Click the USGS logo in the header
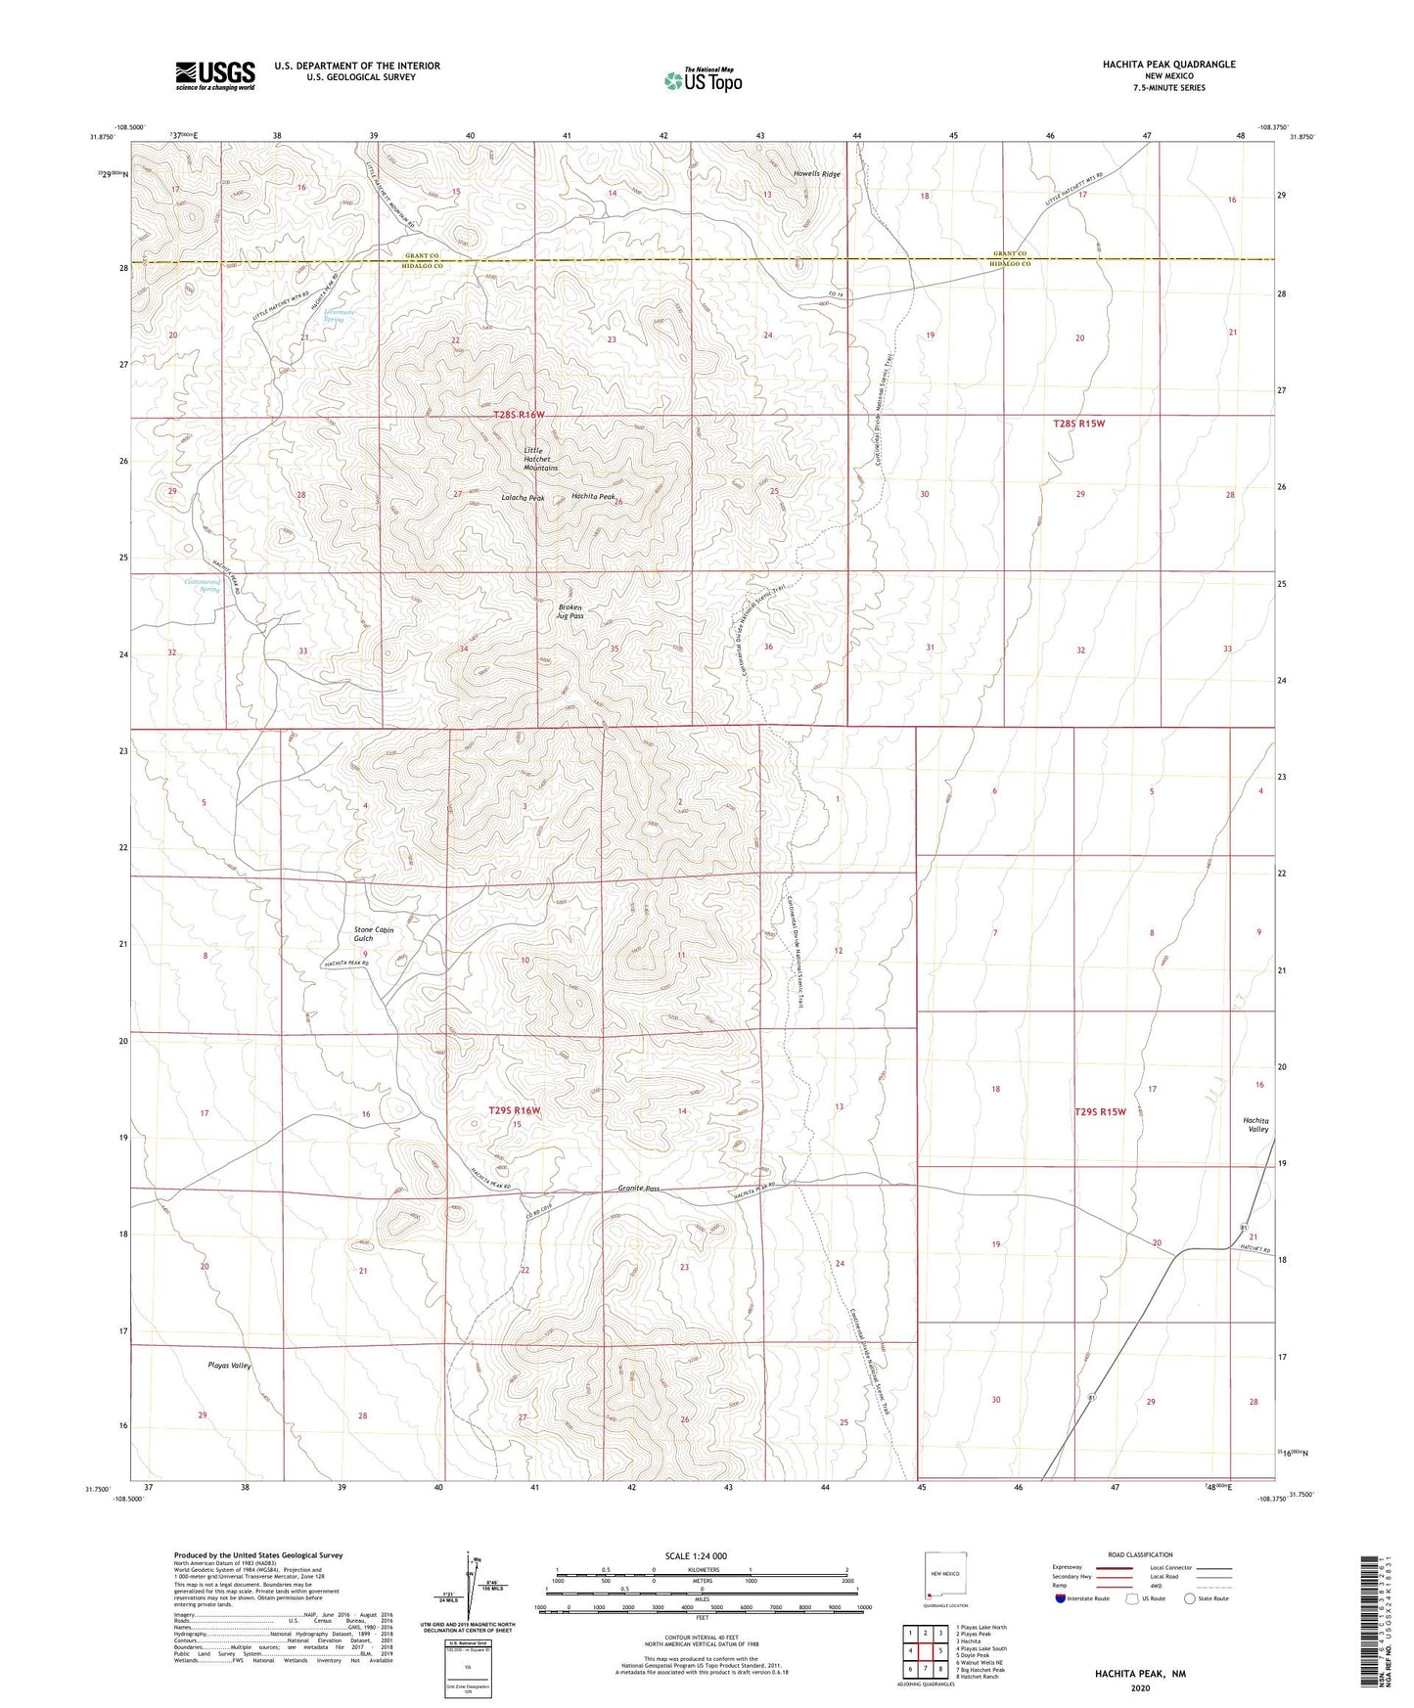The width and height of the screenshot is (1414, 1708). click(x=215, y=74)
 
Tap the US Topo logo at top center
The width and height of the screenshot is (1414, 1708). click(x=703, y=80)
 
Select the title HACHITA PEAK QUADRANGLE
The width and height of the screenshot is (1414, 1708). click(x=1168, y=65)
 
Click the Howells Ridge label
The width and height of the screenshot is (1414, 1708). click(x=816, y=174)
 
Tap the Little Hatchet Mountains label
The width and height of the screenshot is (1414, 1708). click(x=540, y=459)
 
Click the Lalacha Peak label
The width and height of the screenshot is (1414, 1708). click(x=523, y=498)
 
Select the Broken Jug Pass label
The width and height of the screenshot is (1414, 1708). click(x=570, y=611)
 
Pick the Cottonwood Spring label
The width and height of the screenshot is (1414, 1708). click(x=203, y=585)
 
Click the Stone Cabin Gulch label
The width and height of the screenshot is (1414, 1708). click(x=373, y=934)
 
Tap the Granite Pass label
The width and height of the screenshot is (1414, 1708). click(x=638, y=1189)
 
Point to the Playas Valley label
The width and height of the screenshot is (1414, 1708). click(x=229, y=1366)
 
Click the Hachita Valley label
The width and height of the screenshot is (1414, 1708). click(x=1255, y=1125)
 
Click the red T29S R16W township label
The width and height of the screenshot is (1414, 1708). click(x=514, y=1110)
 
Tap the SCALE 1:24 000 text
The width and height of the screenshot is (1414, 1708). click(x=696, y=1556)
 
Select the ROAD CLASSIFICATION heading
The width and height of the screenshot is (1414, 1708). click(x=1140, y=1554)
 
